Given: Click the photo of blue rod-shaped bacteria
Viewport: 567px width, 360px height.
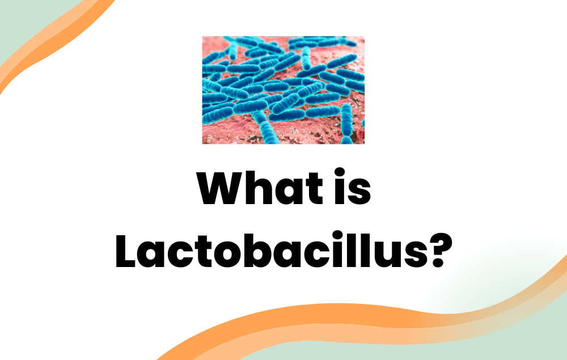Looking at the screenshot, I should tap(283, 90).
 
